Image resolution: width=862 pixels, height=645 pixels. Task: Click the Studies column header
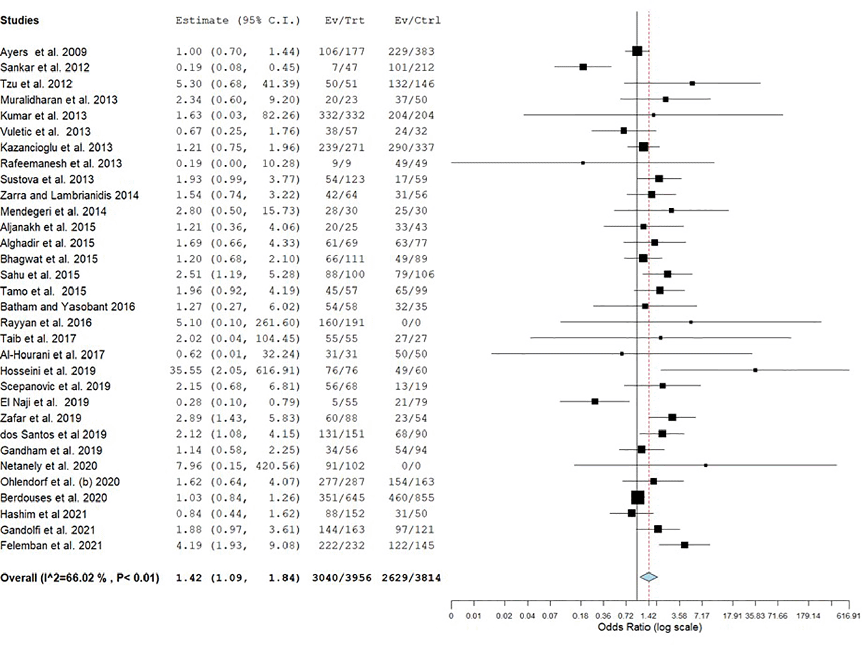20,20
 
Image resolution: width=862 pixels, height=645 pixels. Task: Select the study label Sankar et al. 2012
45,68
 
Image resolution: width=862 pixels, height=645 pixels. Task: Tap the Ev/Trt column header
344,21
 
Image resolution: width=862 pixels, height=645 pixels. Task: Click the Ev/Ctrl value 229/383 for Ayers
411,52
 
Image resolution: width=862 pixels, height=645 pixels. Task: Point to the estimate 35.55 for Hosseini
186,371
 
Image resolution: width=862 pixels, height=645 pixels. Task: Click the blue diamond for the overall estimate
649,577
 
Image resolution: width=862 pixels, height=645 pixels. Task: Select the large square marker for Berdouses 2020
638,497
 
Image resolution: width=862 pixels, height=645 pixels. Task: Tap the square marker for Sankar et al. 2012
583,67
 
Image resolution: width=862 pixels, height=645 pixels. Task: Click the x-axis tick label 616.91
849,616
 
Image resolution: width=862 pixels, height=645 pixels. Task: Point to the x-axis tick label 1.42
649,616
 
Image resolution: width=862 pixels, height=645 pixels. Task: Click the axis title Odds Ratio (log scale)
650,627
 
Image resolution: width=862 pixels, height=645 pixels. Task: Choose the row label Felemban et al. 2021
51,546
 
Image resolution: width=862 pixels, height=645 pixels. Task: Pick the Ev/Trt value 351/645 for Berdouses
341,498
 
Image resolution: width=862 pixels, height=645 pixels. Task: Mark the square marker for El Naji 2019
595,401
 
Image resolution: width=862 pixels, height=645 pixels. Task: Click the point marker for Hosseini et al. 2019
755,370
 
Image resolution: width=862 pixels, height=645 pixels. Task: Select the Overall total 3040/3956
341,578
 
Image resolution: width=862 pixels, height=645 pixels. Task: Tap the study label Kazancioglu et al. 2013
56,148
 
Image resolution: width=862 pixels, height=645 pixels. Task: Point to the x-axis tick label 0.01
473,616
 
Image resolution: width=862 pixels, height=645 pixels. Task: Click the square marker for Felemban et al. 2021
684,545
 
